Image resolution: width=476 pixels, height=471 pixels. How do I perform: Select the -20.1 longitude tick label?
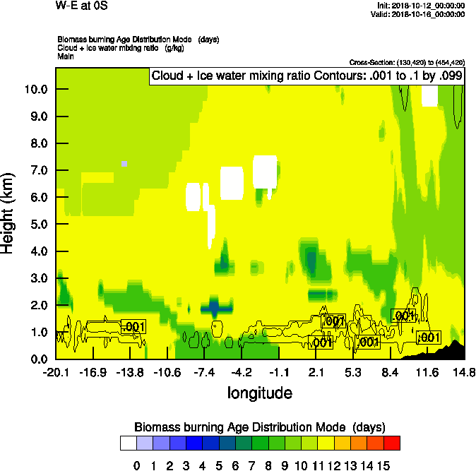click(x=56, y=372)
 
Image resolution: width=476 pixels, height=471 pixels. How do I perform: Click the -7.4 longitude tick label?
click(x=204, y=372)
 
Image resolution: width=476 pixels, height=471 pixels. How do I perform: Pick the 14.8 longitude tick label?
click(x=463, y=372)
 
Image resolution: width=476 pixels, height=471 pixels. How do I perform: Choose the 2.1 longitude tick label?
click(x=316, y=372)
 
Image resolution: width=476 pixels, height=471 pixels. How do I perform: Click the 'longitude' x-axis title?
click(x=260, y=392)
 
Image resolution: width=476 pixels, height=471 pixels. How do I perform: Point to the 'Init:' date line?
click(x=421, y=5)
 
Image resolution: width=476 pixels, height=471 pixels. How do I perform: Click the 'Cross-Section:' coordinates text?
click(x=407, y=62)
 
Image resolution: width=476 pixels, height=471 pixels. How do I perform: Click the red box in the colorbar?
click(x=392, y=443)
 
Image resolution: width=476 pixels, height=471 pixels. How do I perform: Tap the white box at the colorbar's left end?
click(x=128, y=443)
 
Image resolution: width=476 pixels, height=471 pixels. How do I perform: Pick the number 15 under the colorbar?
click(x=382, y=465)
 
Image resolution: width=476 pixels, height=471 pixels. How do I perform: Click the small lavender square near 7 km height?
click(x=124, y=164)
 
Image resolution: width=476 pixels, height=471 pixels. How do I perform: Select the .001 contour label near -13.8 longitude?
click(x=133, y=326)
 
